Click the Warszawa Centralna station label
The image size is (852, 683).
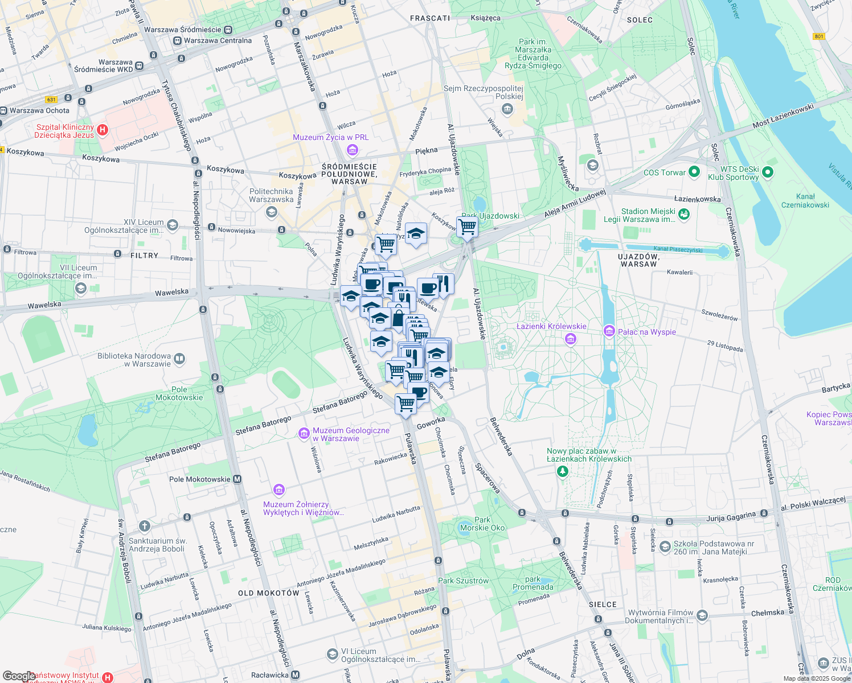[x=218, y=40]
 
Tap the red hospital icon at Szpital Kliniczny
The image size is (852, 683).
[x=103, y=130]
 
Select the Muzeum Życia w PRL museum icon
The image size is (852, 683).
[x=352, y=150]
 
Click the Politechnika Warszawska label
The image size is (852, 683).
[x=271, y=195]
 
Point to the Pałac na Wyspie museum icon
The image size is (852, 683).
[x=609, y=331]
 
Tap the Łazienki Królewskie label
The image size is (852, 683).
[x=551, y=326]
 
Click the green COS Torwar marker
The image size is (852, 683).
[x=694, y=171]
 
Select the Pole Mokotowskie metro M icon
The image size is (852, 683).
[x=237, y=479]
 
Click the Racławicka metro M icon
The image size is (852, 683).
[x=295, y=675]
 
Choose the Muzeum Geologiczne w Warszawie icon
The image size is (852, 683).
[x=304, y=434]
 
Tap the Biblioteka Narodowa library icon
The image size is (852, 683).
[x=179, y=359]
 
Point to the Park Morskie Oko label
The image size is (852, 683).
[x=482, y=524]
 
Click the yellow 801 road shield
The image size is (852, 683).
[x=819, y=36]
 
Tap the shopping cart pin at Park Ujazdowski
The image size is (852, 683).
[x=467, y=227]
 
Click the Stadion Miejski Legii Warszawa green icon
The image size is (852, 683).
[x=684, y=214]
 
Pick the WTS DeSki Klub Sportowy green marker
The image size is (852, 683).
[x=767, y=171]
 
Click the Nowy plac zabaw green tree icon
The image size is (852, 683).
[x=563, y=471]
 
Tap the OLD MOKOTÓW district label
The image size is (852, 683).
[x=268, y=593]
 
